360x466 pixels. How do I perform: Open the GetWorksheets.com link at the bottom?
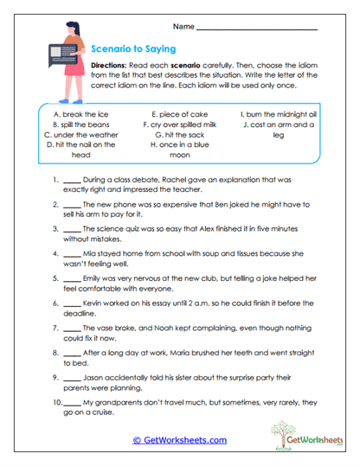point(179,440)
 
